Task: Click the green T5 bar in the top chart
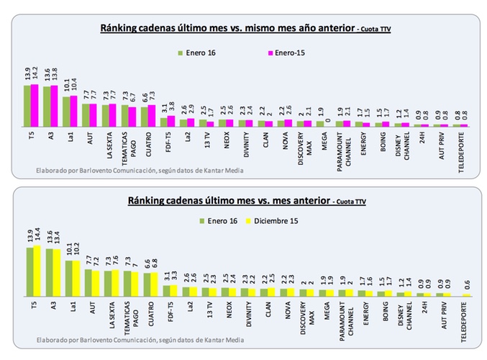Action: [25, 106]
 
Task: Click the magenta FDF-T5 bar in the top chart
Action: [170, 120]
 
